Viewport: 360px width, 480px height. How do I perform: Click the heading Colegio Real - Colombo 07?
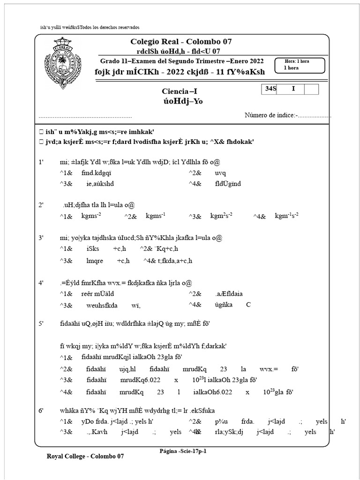click(x=181, y=42)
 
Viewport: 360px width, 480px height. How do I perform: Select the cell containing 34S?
click(x=270, y=89)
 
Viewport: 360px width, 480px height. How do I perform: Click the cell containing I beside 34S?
click(x=293, y=89)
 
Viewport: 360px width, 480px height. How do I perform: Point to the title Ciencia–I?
click(x=181, y=91)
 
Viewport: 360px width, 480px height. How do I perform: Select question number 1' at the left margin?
click(x=41, y=162)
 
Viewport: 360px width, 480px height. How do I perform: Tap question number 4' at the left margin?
click(x=41, y=283)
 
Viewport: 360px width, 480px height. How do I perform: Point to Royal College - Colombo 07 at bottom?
click(x=86, y=456)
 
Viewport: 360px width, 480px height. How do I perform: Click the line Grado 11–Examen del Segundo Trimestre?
click(x=182, y=61)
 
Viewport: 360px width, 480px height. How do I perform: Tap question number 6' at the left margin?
click(x=41, y=410)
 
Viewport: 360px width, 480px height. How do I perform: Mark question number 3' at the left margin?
click(x=41, y=238)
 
